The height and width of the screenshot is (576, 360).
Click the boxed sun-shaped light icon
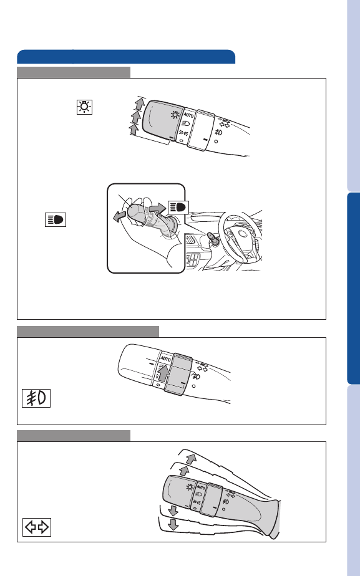click(x=84, y=107)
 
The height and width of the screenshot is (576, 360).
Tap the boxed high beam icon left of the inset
click(x=56, y=219)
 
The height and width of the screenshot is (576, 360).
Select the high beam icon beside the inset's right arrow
click(x=178, y=207)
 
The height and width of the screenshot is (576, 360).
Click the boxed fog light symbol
click(x=36, y=398)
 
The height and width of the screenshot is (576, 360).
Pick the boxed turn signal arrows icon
click(x=37, y=527)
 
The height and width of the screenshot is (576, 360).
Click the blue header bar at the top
click(x=126, y=57)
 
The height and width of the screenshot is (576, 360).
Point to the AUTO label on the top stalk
click(x=188, y=115)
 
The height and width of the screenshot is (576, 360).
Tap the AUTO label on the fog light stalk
click(x=166, y=358)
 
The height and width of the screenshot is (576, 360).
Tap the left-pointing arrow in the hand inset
click(x=120, y=216)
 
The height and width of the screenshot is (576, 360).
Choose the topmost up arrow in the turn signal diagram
click(x=191, y=459)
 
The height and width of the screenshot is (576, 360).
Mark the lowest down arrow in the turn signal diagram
click(x=173, y=524)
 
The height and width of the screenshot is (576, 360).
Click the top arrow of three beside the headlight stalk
click(x=139, y=104)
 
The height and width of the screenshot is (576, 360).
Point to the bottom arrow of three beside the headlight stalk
click(x=134, y=129)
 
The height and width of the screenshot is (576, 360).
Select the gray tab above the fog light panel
click(x=88, y=332)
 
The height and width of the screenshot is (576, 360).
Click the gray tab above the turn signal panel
click(x=74, y=436)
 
